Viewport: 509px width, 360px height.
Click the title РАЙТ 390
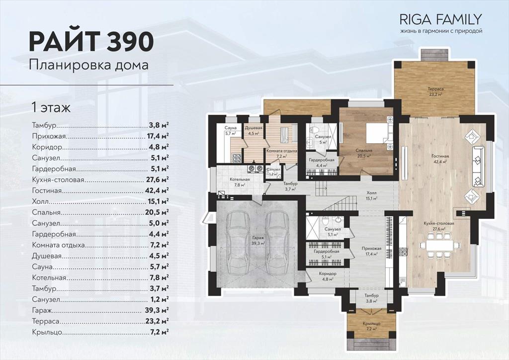[91, 42]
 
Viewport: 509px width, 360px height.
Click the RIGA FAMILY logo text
[440, 19]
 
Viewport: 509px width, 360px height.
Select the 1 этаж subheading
[51, 107]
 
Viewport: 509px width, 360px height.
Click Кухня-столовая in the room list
[58, 180]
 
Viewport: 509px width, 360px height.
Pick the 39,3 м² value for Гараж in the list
[157, 310]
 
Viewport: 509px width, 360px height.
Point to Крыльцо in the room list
[47, 333]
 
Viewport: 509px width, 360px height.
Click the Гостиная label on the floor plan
[440, 156]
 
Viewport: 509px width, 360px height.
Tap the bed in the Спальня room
[378, 133]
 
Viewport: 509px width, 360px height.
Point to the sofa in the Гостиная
[478, 167]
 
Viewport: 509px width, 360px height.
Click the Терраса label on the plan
[435, 89]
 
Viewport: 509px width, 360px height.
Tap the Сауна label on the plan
[230, 128]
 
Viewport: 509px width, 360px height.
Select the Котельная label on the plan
[240, 180]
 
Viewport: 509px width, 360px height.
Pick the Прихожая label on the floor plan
[371, 249]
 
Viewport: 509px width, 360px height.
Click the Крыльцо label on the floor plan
[372, 324]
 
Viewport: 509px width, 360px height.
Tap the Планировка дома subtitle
[88, 65]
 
